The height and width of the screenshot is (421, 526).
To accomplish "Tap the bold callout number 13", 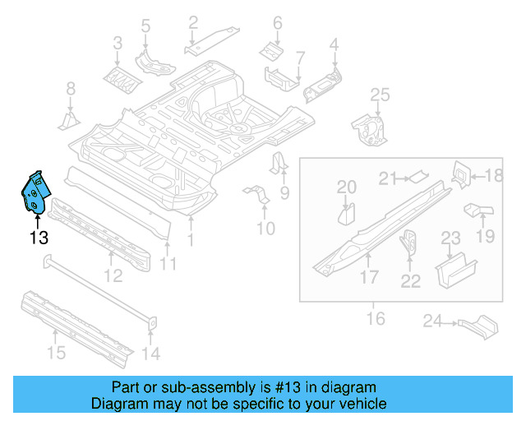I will tap(38, 238).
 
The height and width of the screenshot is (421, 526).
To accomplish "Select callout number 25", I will tap(379, 97).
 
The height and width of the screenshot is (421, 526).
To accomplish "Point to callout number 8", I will tap(71, 89).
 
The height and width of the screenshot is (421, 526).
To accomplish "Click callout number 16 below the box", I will tap(375, 317).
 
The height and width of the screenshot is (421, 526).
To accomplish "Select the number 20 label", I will tap(347, 187).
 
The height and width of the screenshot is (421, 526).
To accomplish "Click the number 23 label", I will tap(451, 238).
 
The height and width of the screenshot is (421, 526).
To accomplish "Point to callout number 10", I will tap(265, 228).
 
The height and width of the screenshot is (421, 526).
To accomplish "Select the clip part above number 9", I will tap(279, 164).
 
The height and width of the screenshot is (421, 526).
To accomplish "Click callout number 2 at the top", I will tap(192, 22).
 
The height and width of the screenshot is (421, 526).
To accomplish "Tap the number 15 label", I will tap(55, 354).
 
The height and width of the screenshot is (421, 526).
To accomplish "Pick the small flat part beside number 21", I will tap(418, 174).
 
